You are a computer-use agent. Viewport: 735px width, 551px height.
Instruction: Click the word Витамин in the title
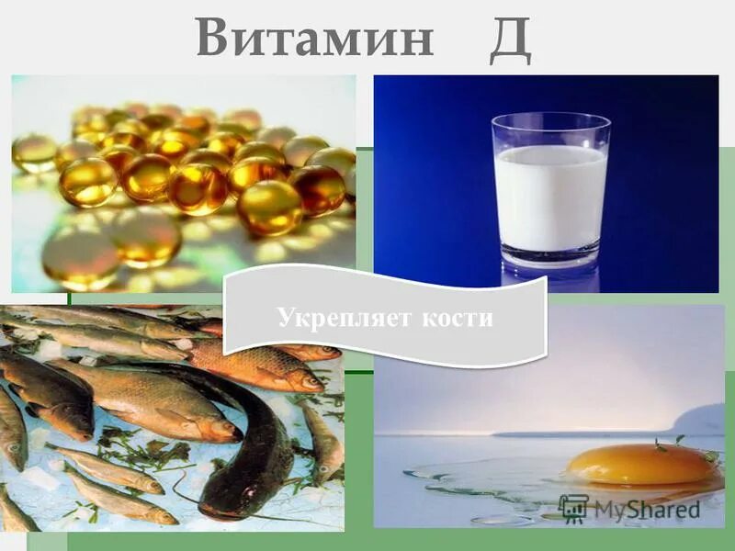coord(314,39)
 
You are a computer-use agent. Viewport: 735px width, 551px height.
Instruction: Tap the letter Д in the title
coord(509,39)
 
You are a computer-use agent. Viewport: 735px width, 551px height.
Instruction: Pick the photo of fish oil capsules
coord(184,184)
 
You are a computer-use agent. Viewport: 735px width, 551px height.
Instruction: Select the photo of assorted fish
coord(138,432)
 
